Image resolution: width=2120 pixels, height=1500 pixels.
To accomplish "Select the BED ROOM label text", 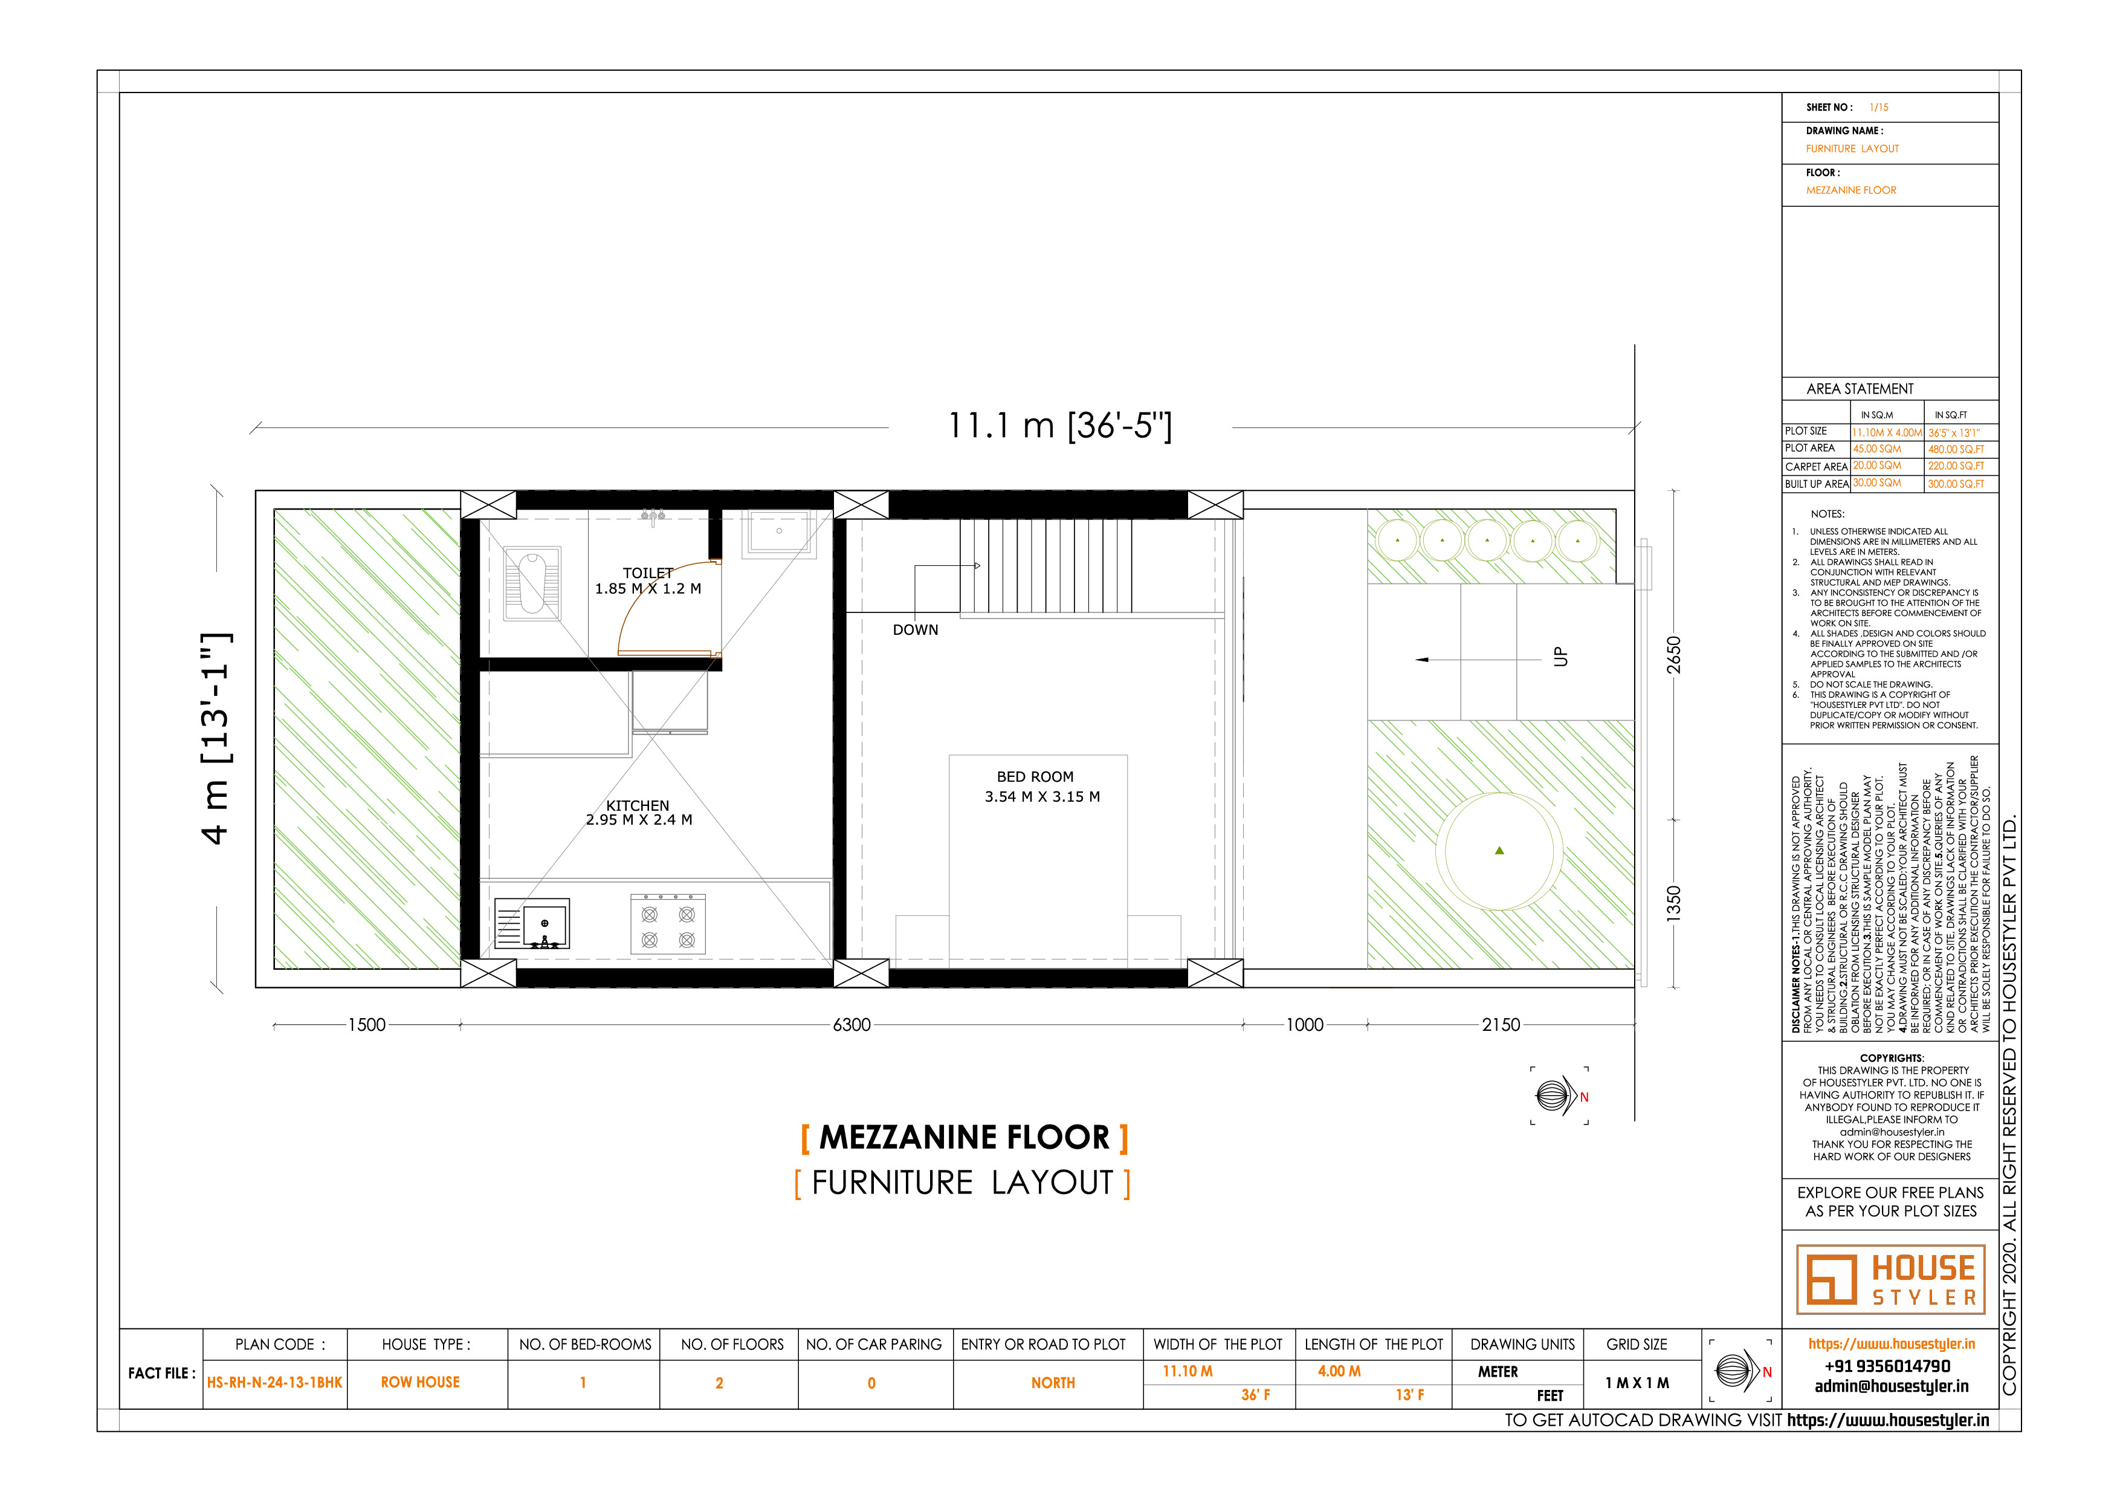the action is pos(1035,777).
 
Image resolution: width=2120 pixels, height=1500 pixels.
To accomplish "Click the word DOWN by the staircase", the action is pos(915,630).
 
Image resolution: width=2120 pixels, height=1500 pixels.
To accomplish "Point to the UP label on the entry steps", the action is pos(1560,657).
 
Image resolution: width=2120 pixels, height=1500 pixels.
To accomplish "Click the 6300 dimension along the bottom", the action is pos(852,1024).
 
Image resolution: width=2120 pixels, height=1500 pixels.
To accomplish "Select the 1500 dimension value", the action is pos(367,1024).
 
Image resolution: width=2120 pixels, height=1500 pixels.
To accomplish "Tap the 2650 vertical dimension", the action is pos(1673,655).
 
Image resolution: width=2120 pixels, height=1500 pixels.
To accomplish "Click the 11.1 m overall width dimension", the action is pos(1060,426).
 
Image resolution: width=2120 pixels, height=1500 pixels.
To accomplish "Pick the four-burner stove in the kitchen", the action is pos(668,924).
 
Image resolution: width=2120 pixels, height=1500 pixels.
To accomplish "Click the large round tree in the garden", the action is pos(1499,851).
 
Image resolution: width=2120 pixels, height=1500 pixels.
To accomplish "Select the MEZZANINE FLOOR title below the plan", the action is pos(965,1137).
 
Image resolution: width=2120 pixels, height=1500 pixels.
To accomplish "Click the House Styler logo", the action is pos(1891,1279).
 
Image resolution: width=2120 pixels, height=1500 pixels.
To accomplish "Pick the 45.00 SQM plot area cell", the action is pos(1877,449).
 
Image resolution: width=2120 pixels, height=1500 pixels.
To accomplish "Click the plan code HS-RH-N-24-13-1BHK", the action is pos(274,1383).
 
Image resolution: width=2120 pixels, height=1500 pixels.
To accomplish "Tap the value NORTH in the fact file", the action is pos(1053,1383).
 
